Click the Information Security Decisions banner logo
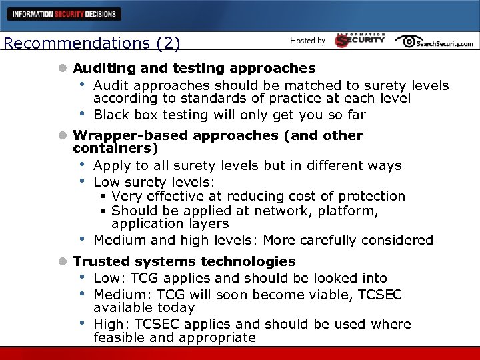point(64,13)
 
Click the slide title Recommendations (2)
point(91,44)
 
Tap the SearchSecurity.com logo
point(434,41)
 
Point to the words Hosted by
point(307,41)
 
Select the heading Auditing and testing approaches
point(194,68)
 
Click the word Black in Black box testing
point(111,115)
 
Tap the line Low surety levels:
point(147,181)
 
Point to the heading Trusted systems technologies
point(184,261)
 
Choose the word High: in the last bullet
point(111,324)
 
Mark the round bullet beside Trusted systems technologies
point(63,262)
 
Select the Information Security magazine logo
point(360,40)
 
